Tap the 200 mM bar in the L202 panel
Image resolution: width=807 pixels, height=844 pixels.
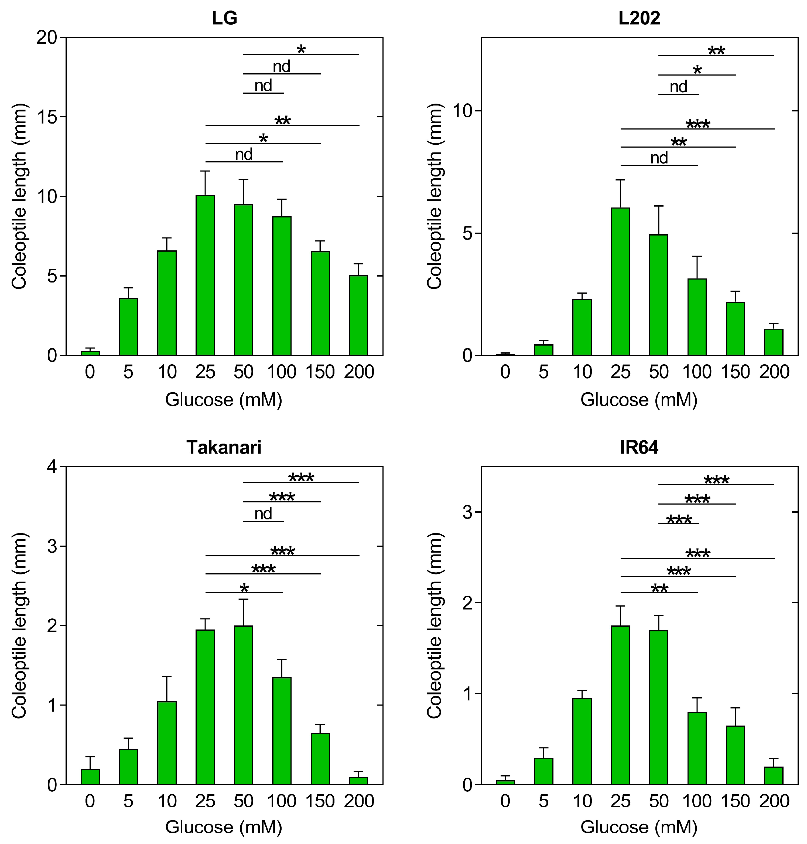[774, 342]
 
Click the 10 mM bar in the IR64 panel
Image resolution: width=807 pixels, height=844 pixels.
[582, 741]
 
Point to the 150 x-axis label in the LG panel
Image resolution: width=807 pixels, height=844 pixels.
[320, 372]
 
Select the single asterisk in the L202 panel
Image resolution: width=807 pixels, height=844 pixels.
[697, 70]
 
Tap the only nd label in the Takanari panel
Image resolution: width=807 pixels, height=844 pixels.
[263, 513]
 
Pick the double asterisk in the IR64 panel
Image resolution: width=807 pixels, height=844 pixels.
[659, 589]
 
